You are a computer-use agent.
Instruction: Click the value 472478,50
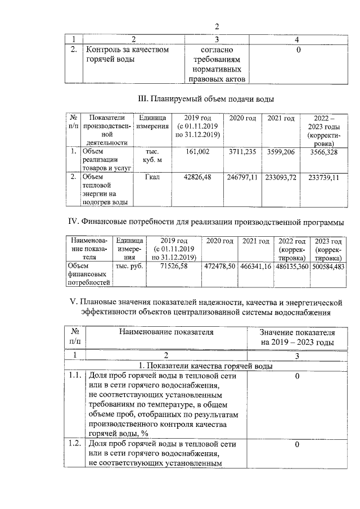pos(220,265)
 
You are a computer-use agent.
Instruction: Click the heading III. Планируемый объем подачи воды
pos(206,99)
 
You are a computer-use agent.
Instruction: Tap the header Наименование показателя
pos(166,332)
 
